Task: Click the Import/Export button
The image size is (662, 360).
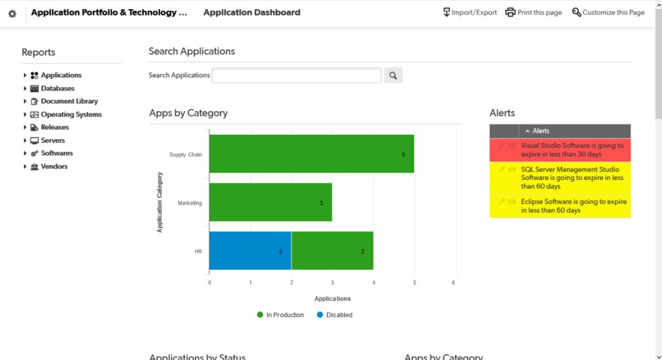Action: pyautogui.click(x=470, y=12)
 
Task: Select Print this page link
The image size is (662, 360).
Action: pyautogui.click(x=533, y=12)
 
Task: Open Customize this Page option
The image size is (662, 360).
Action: pyautogui.click(x=608, y=12)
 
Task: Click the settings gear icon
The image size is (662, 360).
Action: pyautogui.click(x=12, y=13)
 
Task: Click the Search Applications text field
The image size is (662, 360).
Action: pyautogui.click(x=297, y=76)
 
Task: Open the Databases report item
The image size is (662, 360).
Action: pyautogui.click(x=57, y=88)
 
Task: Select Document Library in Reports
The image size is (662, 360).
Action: pyautogui.click(x=69, y=101)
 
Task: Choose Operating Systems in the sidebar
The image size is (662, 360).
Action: pyautogui.click(x=71, y=114)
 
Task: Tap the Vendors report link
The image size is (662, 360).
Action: pyautogui.click(x=54, y=166)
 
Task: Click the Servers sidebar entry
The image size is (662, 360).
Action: pyautogui.click(x=53, y=141)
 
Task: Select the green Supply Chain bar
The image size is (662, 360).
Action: pyautogui.click(x=311, y=154)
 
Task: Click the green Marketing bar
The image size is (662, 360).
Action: pyautogui.click(x=270, y=202)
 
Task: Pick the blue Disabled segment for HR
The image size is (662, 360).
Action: pyautogui.click(x=250, y=251)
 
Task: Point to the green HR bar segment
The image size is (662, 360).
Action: pyautogui.click(x=332, y=251)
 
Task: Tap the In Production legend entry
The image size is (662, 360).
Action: pyautogui.click(x=284, y=315)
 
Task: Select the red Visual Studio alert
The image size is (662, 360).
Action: pyautogui.click(x=572, y=150)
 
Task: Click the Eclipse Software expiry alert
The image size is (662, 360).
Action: pyautogui.click(x=573, y=205)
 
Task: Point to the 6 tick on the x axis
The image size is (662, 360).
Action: pyautogui.click(x=454, y=283)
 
